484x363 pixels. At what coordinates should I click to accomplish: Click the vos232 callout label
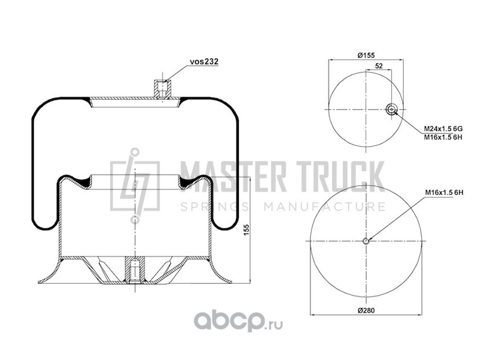click(204, 62)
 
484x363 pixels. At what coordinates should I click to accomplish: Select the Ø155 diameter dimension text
click(366, 55)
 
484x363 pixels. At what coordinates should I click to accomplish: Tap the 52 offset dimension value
click(379, 66)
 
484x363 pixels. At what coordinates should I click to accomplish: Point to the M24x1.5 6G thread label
click(443, 129)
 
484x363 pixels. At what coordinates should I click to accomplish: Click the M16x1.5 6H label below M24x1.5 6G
click(443, 137)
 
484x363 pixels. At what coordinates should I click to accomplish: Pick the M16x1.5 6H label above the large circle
click(444, 192)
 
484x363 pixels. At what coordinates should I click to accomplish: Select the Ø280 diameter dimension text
click(366, 310)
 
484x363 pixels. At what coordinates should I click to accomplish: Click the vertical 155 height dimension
click(246, 230)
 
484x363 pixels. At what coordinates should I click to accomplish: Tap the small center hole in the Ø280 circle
click(366, 241)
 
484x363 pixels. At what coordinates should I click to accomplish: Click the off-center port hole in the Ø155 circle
click(391, 110)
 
